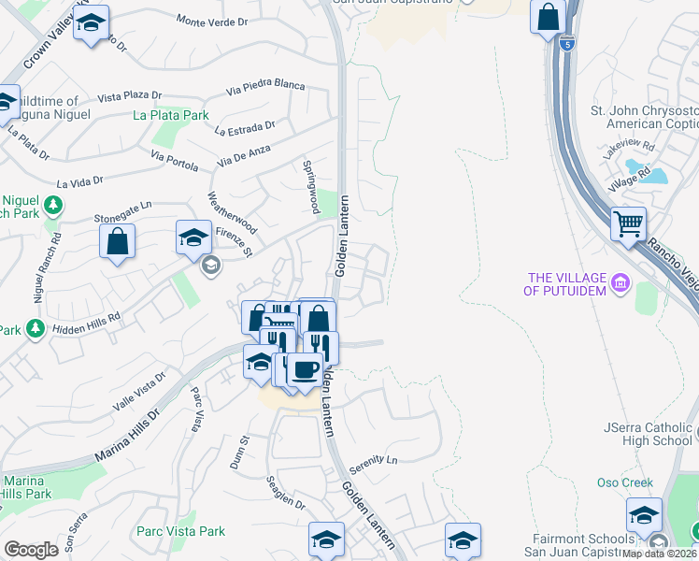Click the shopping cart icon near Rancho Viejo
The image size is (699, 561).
click(x=629, y=224)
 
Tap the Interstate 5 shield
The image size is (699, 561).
click(x=567, y=43)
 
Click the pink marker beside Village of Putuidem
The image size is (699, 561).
click(x=619, y=282)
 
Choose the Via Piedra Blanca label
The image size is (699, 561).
click(x=265, y=89)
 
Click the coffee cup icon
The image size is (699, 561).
click(x=304, y=370)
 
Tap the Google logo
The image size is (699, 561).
click(x=31, y=550)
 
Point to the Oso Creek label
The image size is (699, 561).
click(x=624, y=482)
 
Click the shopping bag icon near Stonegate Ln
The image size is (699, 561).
click(x=118, y=241)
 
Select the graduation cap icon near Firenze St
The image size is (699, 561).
click(x=193, y=237)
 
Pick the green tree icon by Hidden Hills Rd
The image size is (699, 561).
click(x=36, y=328)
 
